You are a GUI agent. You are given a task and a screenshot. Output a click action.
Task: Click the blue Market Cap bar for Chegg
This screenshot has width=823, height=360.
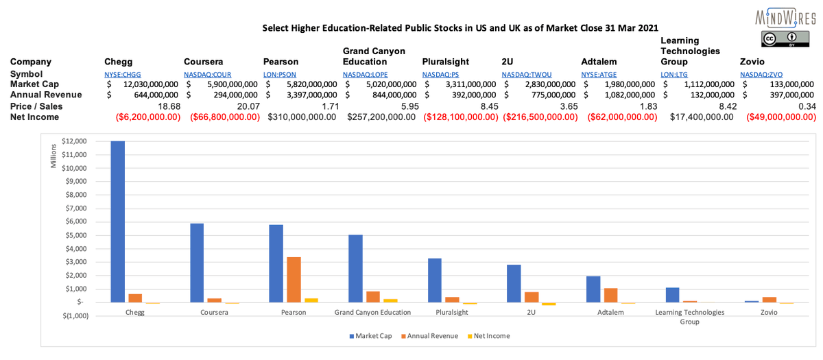click(118, 221)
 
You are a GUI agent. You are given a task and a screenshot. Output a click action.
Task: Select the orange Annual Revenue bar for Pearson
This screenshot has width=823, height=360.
click(294, 280)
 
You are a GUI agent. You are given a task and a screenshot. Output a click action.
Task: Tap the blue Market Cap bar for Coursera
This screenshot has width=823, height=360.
click(197, 263)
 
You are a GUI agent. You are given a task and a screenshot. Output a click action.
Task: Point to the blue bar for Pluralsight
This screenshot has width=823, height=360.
click(435, 280)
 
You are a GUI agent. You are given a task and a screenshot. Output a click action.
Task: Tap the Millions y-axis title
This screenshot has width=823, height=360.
click(55, 156)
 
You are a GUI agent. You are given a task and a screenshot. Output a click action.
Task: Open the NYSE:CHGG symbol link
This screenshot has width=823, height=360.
click(123, 74)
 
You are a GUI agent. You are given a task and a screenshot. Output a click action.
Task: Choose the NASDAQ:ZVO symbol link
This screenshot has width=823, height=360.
click(761, 74)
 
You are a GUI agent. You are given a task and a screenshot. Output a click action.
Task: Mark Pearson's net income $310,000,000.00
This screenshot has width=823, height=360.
click(302, 117)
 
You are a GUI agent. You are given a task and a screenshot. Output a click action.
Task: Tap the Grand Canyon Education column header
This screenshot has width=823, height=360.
click(374, 56)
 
